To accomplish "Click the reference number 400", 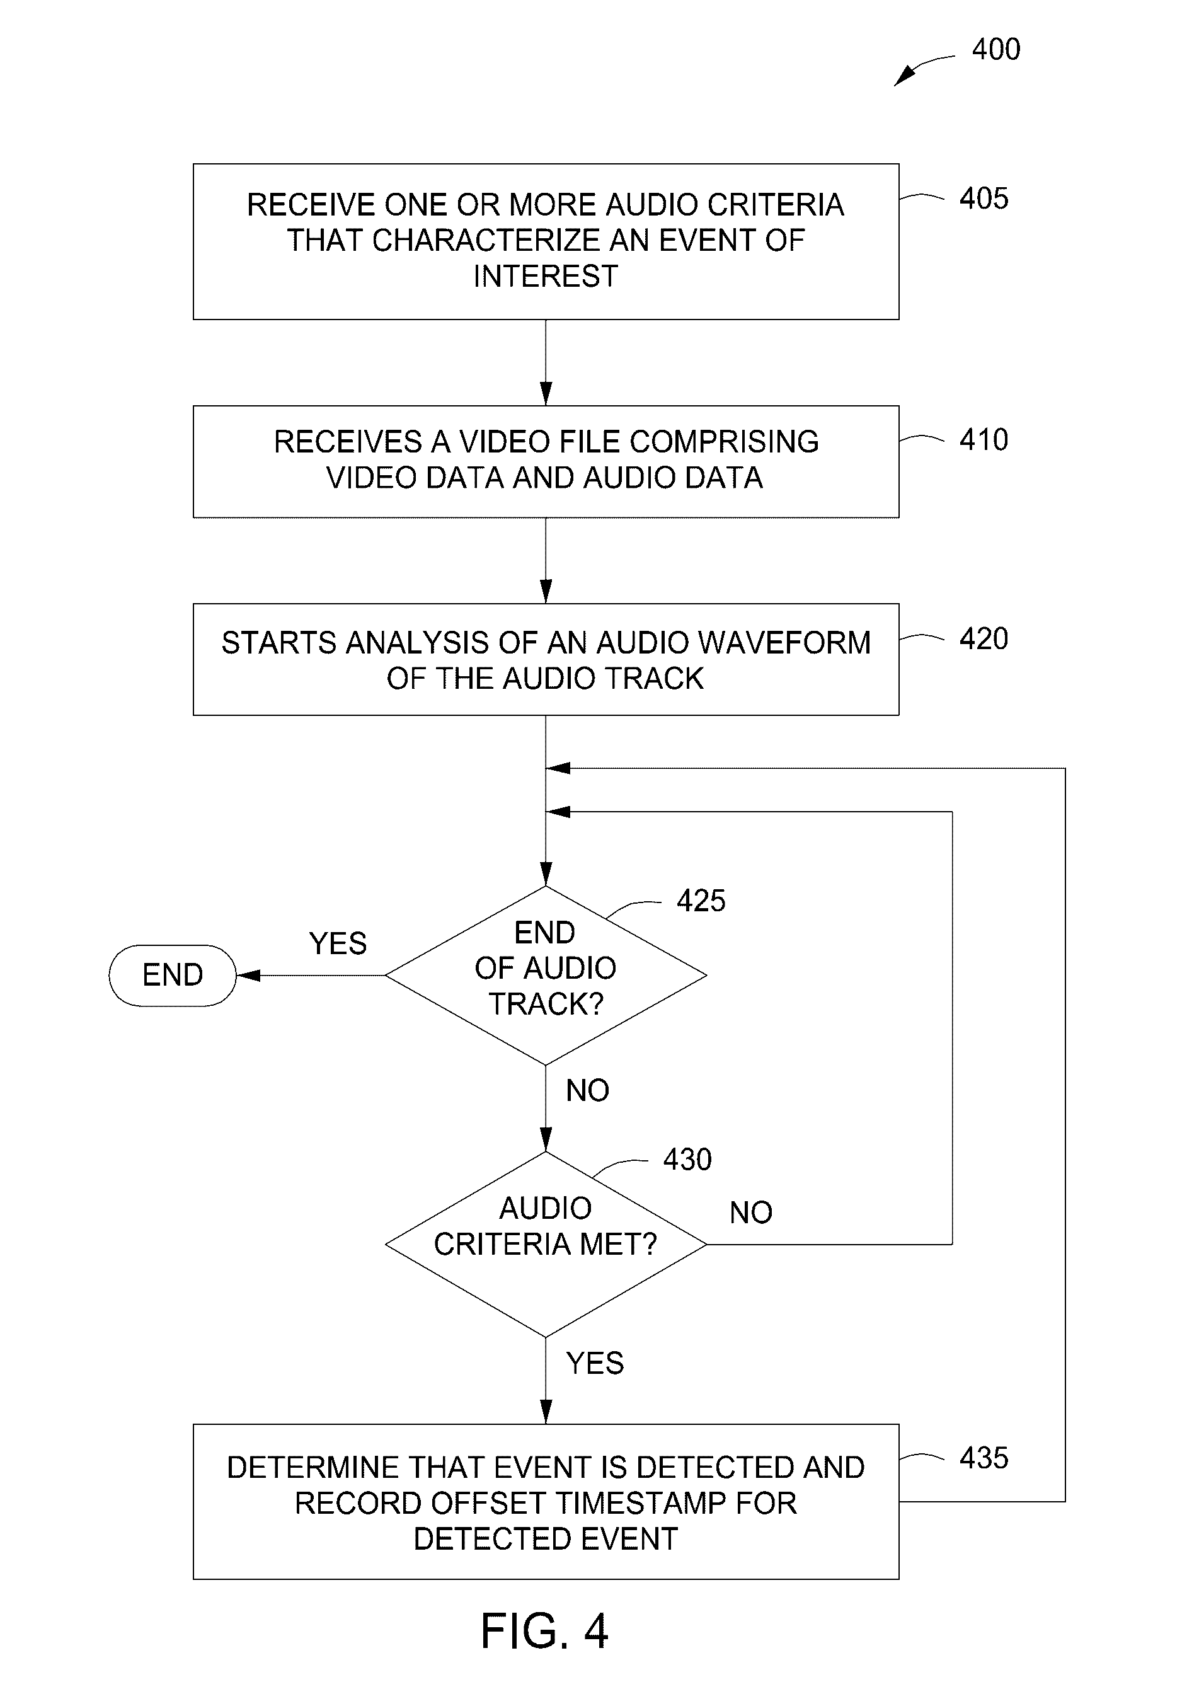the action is point(996,50).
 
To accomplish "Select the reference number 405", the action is point(984,199).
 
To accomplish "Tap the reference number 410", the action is point(984,440).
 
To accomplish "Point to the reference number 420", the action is point(984,639).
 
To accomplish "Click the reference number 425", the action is point(701,901).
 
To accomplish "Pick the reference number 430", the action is point(687,1160).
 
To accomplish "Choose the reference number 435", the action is point(984,1458).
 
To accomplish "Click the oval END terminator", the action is point(173,976).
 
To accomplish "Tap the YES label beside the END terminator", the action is point(338,943).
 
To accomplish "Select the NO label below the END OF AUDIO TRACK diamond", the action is point(588,1091).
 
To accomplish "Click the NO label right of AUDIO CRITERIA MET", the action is point(751,1213).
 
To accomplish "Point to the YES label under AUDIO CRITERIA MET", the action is point(595,1363).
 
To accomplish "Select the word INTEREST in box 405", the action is point(546,276).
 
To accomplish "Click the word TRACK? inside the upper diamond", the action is point(546,1005).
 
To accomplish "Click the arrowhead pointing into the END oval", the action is point(248,976).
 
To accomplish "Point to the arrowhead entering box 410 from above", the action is point(546,395).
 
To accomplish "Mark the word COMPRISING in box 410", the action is point(725,442).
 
